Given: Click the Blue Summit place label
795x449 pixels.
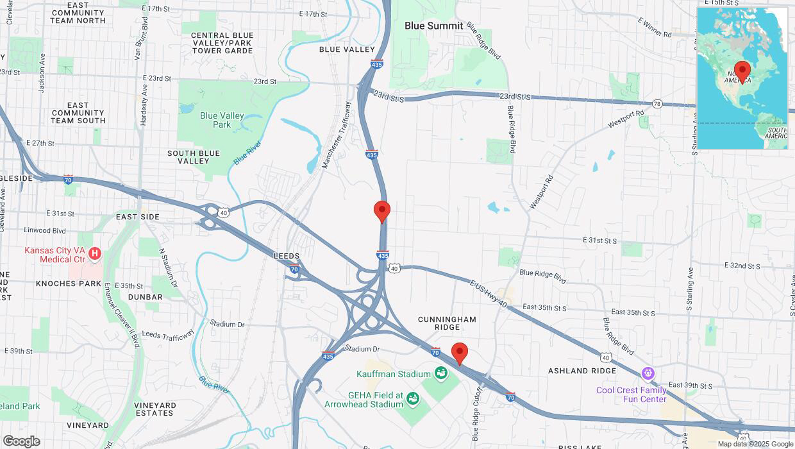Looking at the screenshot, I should pos(433,26).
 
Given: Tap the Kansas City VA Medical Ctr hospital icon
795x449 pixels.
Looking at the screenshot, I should pos(95,253).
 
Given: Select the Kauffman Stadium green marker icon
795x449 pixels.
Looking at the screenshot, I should pos(440,373).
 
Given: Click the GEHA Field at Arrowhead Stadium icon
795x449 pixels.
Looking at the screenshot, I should pos(414,399).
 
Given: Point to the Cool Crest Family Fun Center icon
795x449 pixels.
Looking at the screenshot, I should pos(649,373).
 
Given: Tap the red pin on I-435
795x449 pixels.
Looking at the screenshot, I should pos(382,211).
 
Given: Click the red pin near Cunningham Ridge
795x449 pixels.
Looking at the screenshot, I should pos(459,353).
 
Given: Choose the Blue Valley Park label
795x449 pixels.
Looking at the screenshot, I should pos(222,120).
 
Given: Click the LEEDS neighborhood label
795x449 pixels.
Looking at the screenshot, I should pos(287,256).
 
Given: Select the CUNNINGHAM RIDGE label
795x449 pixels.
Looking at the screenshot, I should pos(447,323).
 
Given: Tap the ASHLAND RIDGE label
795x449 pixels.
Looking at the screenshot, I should pos(582,371).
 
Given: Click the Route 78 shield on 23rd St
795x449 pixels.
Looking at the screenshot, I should pos(657,103).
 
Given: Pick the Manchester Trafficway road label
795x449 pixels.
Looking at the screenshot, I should pos(337,135).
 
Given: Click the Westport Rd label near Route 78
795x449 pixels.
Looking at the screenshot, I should pos(625,119).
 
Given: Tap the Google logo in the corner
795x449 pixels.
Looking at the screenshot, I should pos(21,441).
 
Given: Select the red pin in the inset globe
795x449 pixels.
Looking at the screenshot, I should pos(742,71).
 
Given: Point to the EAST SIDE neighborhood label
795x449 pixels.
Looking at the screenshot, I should pos(137,217).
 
